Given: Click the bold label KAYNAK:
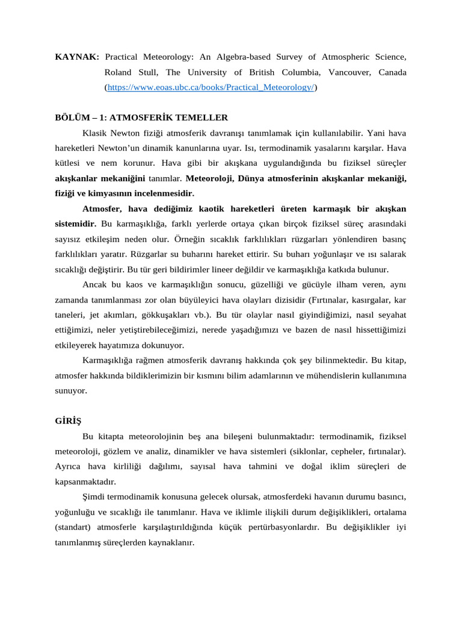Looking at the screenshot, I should (x=77, y=57).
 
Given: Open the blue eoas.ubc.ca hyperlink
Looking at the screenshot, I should (x=211, y=87).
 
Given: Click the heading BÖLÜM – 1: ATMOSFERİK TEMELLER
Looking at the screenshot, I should (x=141, y=117).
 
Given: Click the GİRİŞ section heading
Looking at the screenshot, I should (x=68, y=421).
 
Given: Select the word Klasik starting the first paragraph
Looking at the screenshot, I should (x=95, y=133).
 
